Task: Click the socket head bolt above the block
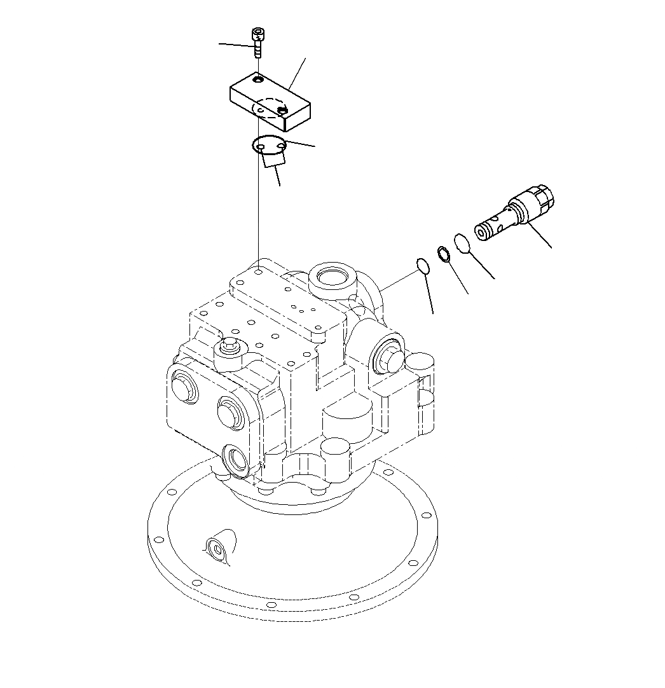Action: [x=257, y=41]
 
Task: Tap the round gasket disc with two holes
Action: [x=268, y=146]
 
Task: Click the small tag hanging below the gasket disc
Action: [x=273, y=161]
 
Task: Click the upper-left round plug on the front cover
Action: [x=184, y=385]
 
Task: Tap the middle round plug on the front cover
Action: [x=228, y=412]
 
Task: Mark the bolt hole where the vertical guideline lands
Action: [x=259, y=272]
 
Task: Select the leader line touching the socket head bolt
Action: [x=235, y=45]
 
